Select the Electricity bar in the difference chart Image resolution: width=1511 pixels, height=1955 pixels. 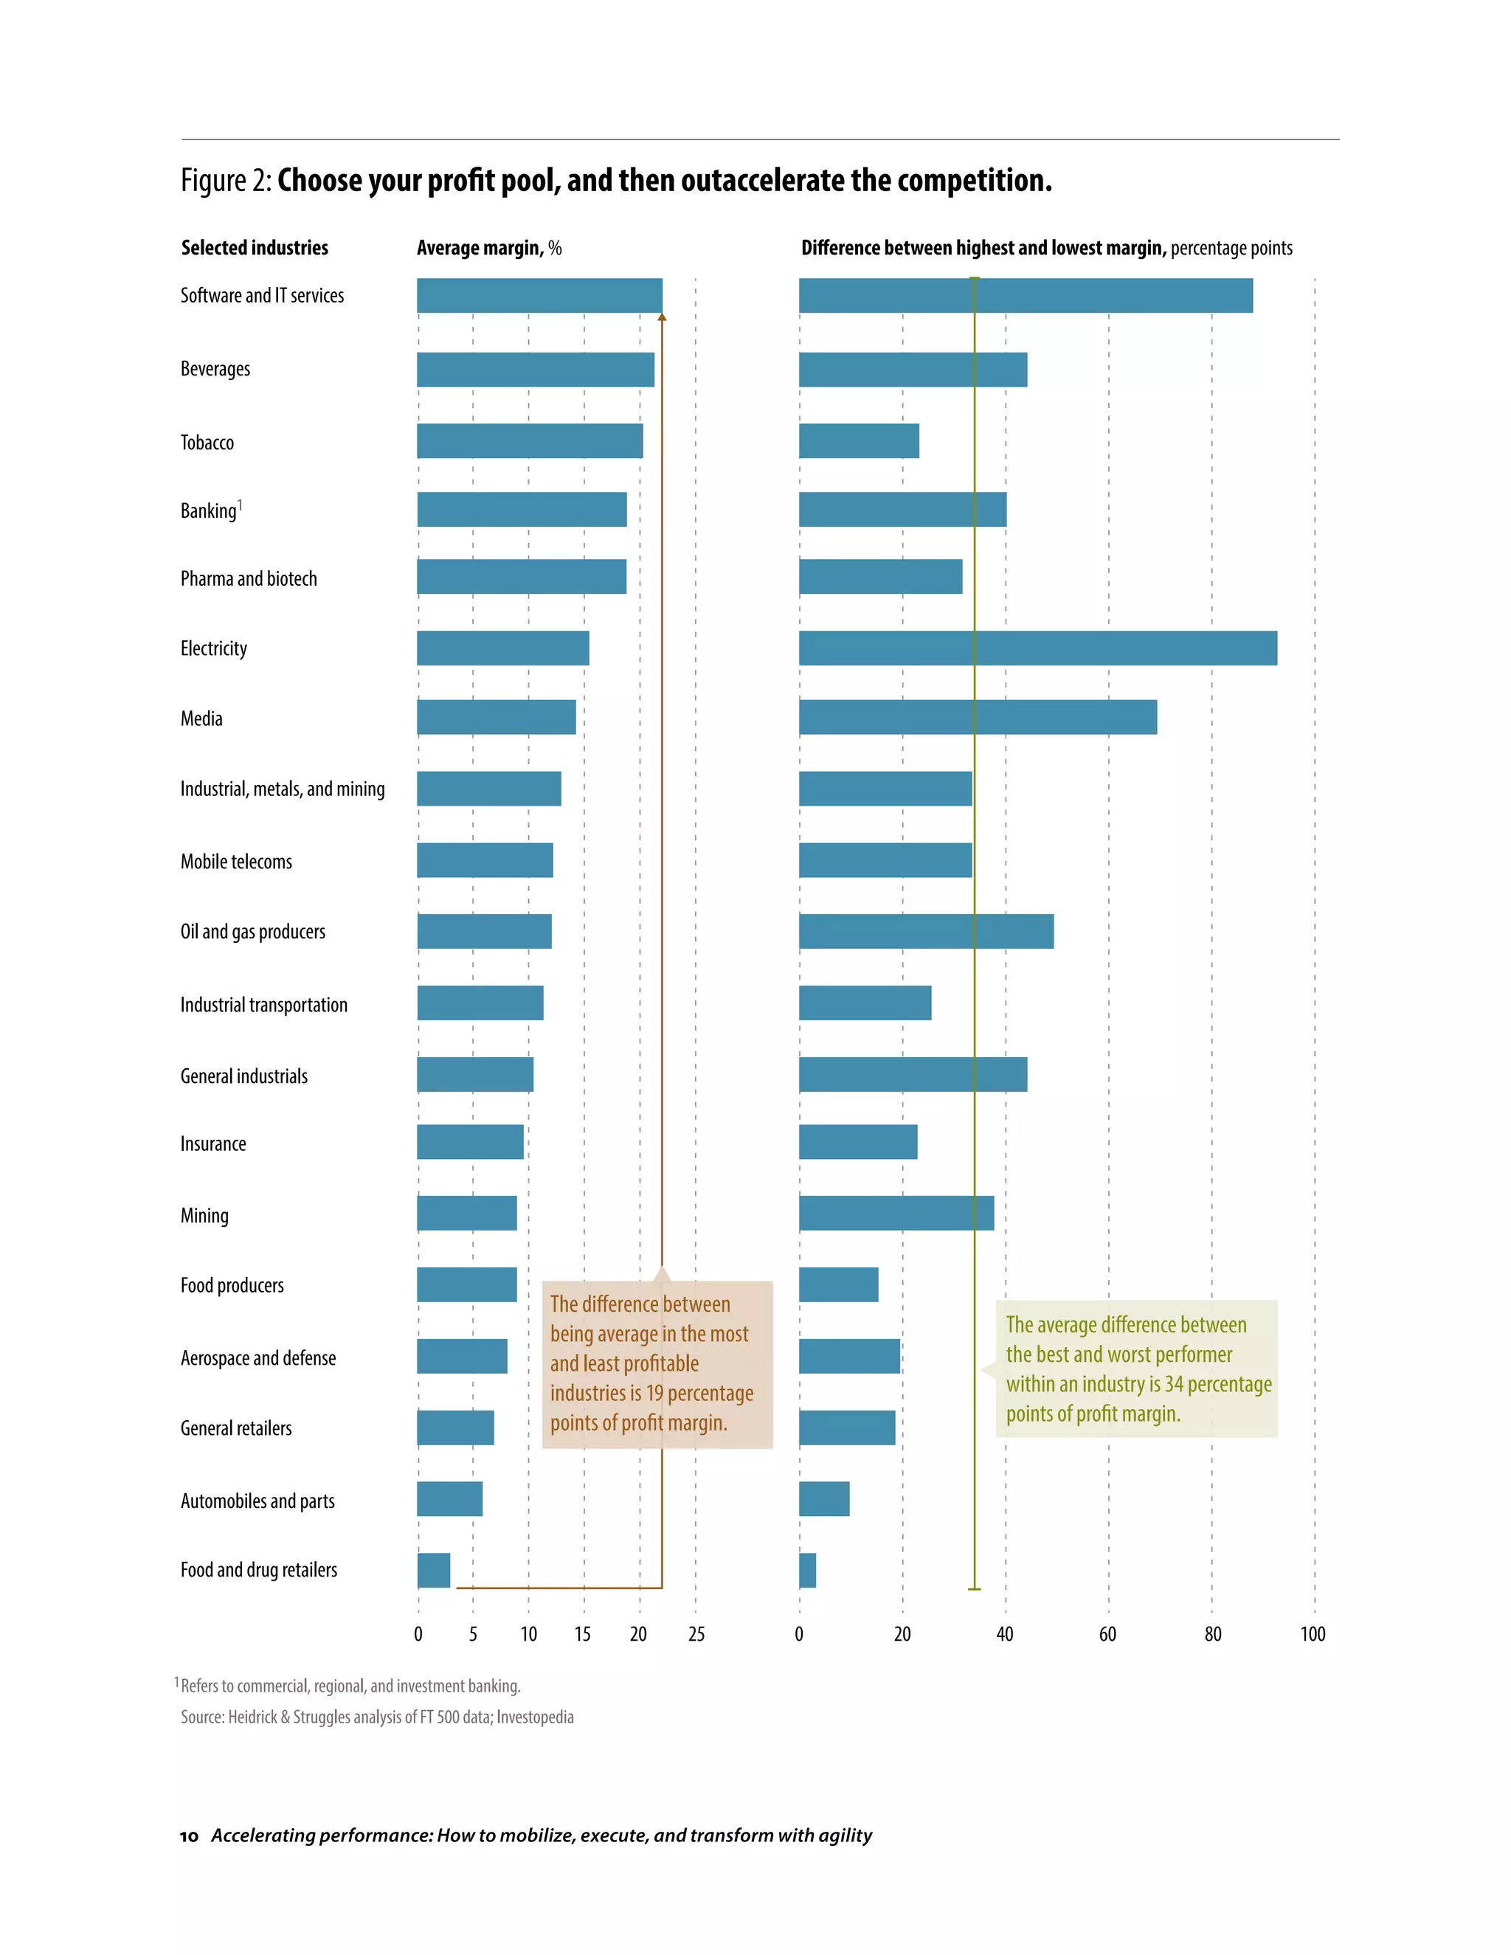point(1037,648)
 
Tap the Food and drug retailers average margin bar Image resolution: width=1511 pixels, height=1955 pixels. point(433,1570)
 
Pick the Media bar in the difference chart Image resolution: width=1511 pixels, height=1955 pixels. point(978,717)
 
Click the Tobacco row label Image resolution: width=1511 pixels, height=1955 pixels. point(207,442)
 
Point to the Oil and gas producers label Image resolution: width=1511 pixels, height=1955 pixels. point(252,931)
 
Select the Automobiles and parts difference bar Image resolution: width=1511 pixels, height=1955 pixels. point(823,1498)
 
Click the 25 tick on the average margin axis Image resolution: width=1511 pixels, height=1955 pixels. point(696,1635)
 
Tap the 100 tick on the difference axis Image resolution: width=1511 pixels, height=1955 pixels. point(1313,1635)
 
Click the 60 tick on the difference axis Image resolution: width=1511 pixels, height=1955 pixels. point(1107,1635)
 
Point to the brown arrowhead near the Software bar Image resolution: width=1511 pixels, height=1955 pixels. point(662,317)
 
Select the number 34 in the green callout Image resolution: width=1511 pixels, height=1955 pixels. point(1174,1385)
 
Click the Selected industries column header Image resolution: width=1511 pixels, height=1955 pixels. point(255,248)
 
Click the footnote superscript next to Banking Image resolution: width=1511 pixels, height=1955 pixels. point(240,505)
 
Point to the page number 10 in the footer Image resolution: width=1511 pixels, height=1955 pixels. point(189,1836)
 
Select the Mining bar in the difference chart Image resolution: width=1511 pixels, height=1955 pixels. point(896,1213)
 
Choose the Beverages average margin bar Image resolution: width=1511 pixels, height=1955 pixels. point(536,370)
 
